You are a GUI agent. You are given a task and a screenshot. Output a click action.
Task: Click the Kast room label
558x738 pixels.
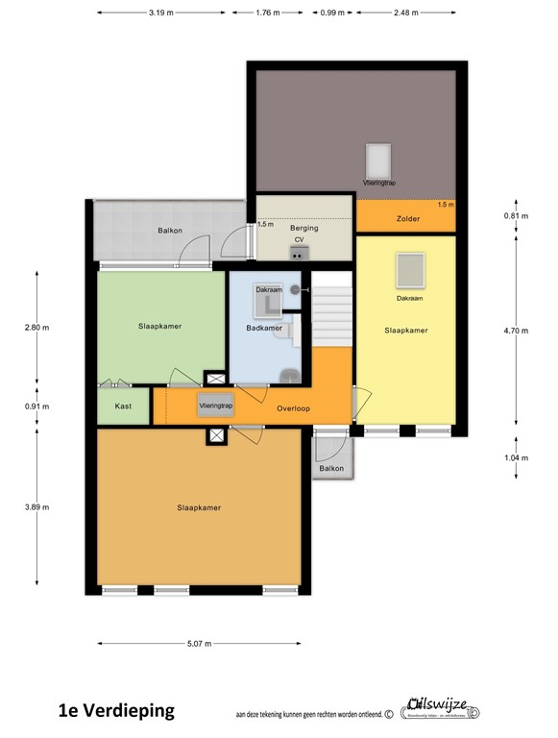123,406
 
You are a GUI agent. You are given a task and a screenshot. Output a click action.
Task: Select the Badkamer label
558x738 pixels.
264,328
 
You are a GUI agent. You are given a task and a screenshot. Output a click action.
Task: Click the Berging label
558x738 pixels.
303,228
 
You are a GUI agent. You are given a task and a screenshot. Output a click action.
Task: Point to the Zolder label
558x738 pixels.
407,219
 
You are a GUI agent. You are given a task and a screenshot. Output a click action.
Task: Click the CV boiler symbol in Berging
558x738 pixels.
299,252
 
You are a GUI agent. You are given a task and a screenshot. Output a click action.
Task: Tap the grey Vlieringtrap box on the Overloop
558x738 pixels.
216,406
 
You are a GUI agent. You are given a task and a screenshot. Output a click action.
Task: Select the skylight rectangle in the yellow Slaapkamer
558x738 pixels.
410,270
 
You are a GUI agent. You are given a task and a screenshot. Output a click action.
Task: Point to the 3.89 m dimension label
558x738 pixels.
37,506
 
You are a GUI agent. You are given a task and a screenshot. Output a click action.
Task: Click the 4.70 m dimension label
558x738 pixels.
517,330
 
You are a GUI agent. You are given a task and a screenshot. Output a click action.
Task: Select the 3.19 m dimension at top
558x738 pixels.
161,13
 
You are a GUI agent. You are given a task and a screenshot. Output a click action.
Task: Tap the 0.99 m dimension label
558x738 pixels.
332,13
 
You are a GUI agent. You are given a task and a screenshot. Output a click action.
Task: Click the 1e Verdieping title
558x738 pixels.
116,711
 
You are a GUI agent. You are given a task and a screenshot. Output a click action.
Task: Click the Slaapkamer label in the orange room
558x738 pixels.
200,507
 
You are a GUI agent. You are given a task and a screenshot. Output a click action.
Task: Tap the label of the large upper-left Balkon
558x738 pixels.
170,231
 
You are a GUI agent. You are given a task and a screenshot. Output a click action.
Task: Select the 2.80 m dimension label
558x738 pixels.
37,328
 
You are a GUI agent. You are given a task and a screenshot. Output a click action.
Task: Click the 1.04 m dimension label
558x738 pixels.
517,458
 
